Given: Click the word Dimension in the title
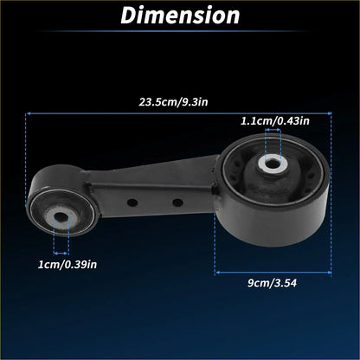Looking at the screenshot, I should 180,15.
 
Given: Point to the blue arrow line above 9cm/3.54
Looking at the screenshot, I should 273,271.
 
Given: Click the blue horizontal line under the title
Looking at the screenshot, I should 180,35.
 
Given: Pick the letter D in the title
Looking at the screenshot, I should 129,15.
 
